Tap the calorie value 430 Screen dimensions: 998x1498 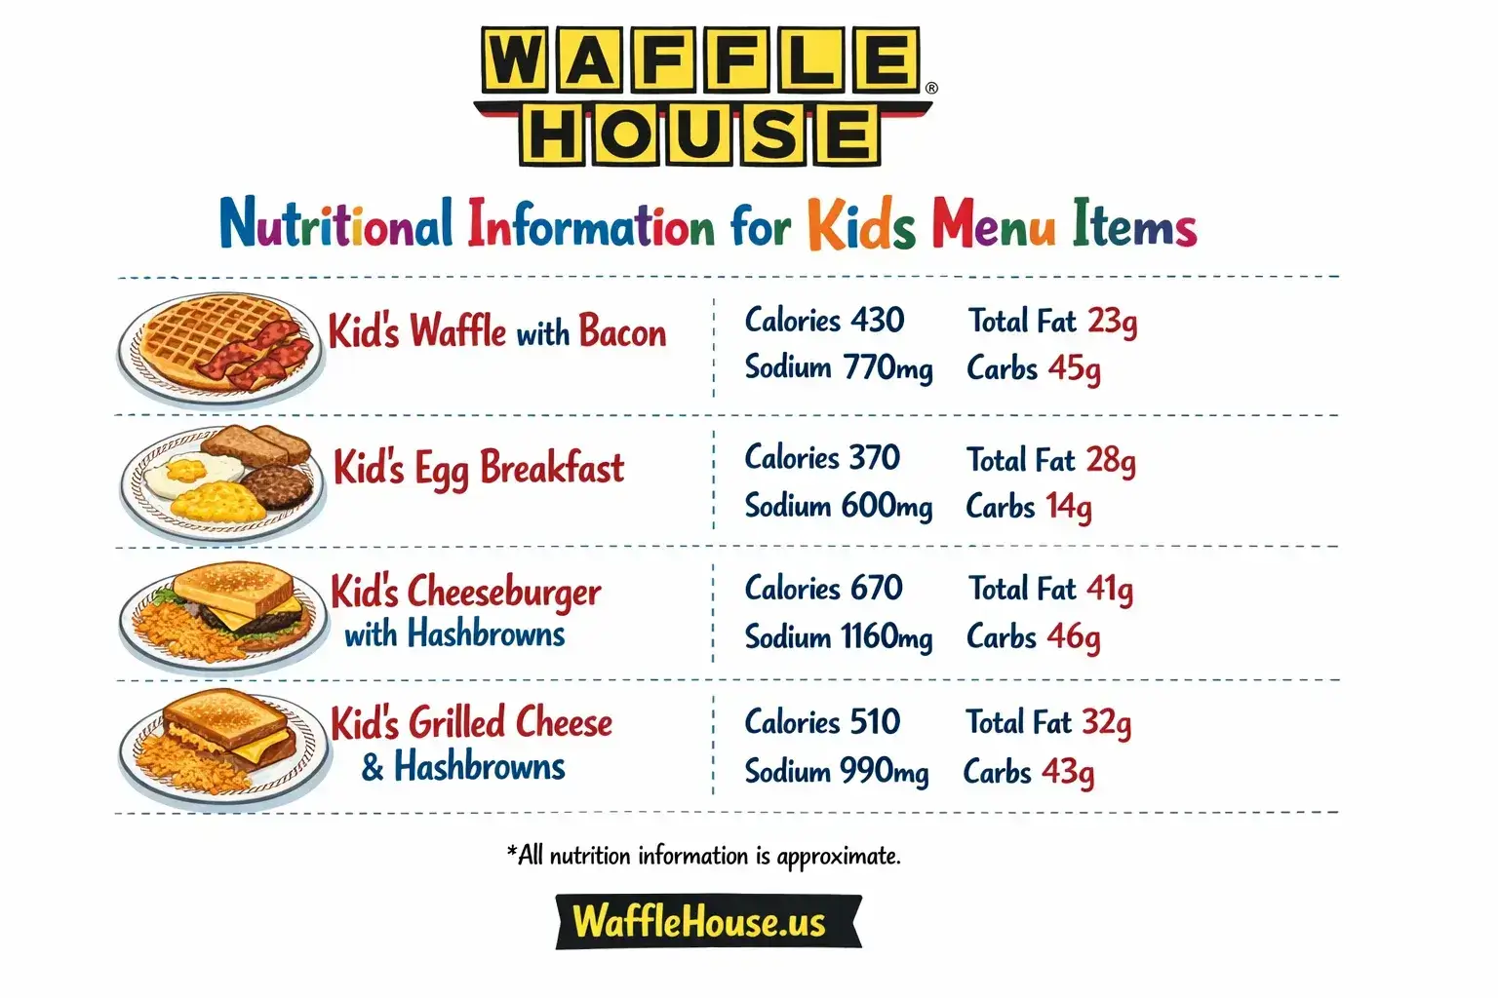click(877, 320)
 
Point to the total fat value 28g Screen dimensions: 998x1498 click(1111, 460)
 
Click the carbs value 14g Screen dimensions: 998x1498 click(1069, 508)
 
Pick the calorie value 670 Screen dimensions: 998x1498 click(876, 589)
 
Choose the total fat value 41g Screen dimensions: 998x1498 click(1109, 590)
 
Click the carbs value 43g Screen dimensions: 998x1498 click(1068, 772)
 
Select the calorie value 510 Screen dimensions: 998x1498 click(875, 722)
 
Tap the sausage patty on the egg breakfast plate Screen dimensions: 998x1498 click(277, 485)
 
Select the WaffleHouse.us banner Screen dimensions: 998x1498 click(708, 922)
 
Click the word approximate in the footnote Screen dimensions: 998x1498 click(839, 857)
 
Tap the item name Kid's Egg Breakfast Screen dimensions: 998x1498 click(478, 469)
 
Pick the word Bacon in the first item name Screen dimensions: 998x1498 click(622, 332)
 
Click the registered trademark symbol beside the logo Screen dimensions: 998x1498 click(931, 88)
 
